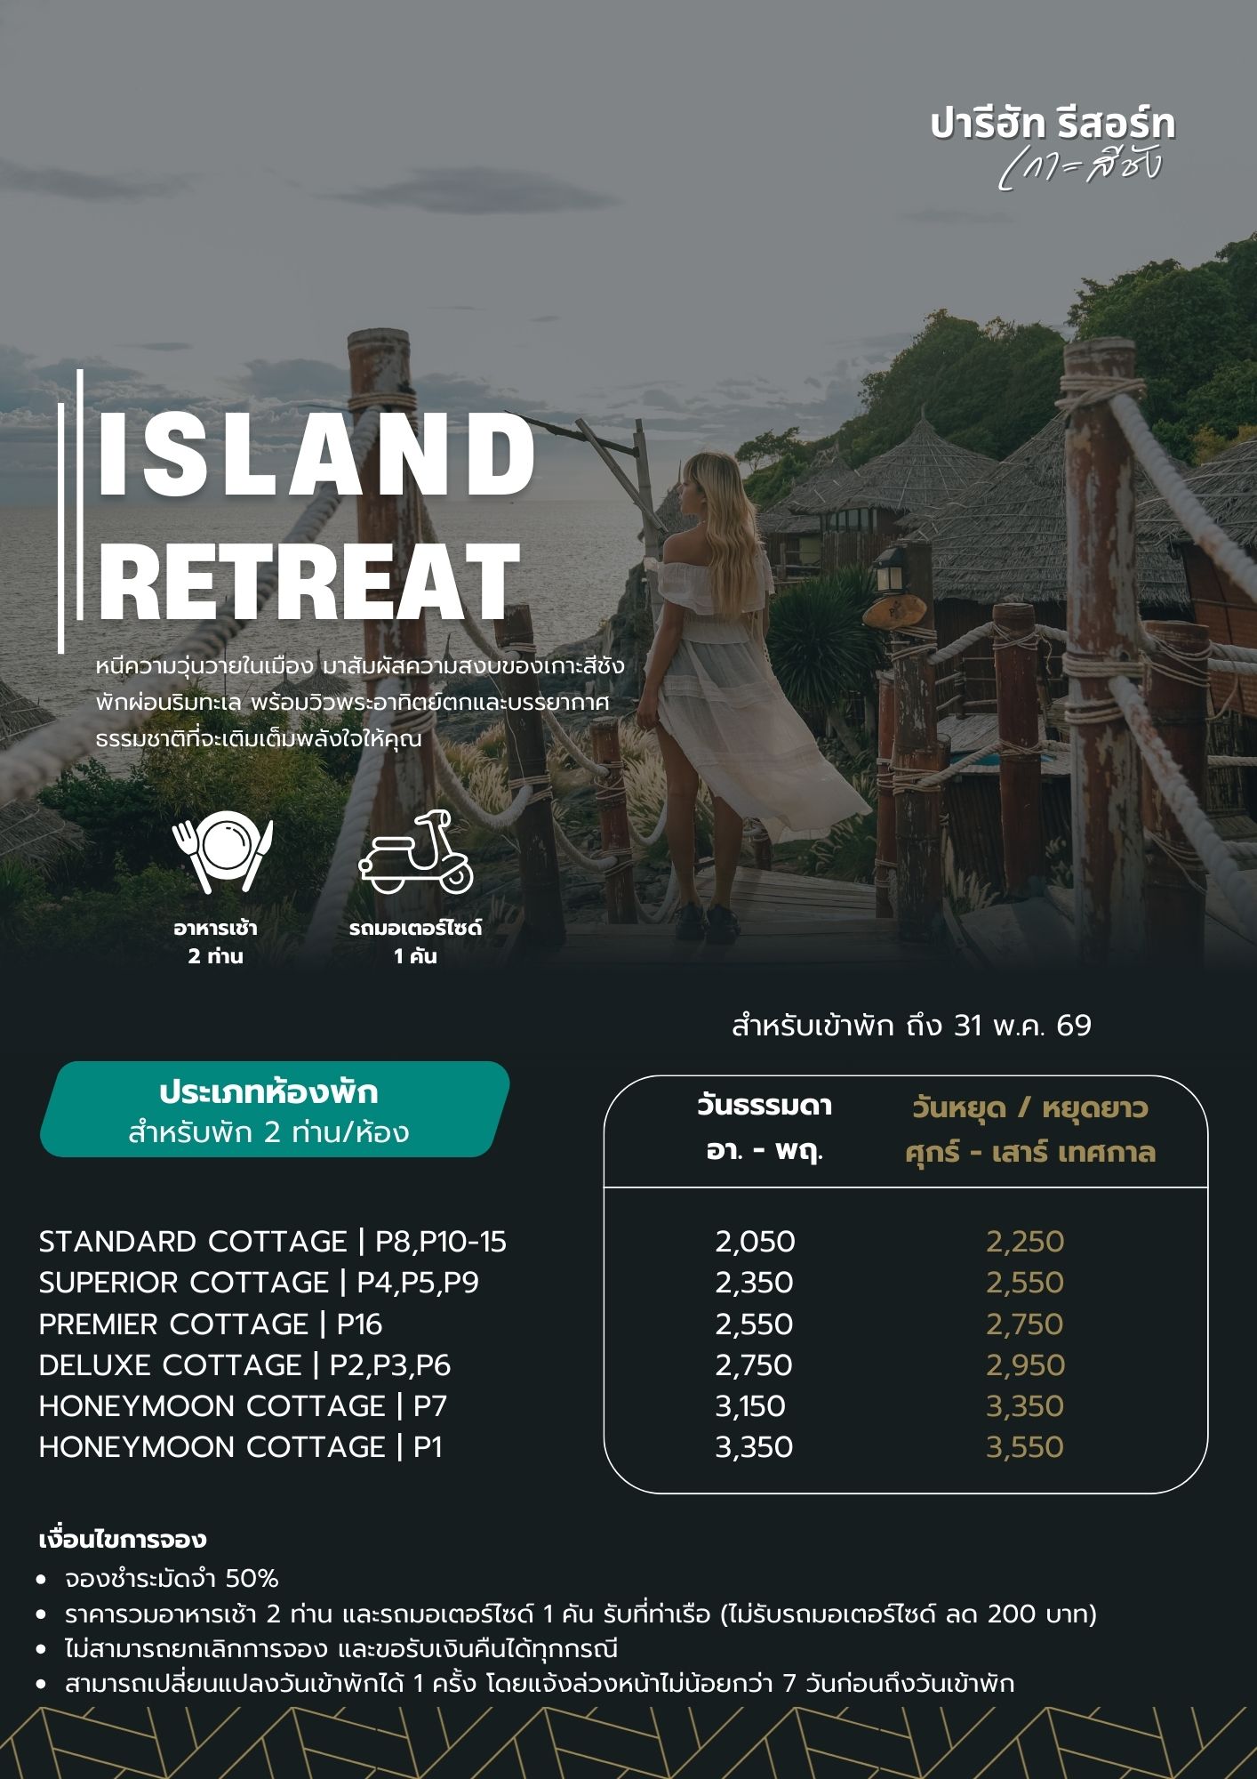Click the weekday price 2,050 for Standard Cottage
755,1242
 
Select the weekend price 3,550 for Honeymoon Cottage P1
1025,1447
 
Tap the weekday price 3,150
750,1406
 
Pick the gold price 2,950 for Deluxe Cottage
1025,1365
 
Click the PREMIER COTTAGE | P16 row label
211,1324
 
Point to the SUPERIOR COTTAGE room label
184,1283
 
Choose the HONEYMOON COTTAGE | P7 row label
243,1406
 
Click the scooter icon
416,852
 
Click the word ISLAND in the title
316,455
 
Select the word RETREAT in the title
308,578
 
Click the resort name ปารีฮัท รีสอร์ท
1053,125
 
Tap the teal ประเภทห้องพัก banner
274,1109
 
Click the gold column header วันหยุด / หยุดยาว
1029,1108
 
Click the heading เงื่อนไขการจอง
124,1540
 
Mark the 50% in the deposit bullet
252,1579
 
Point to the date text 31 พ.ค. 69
1022,1026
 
